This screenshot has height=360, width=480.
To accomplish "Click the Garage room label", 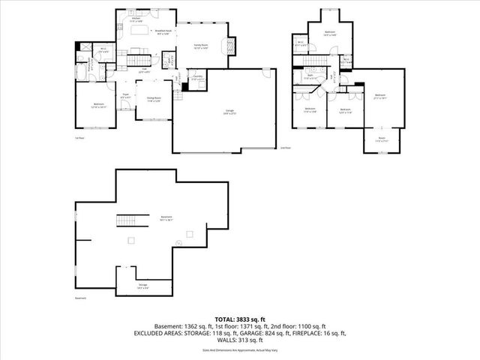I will (x=228, y=112).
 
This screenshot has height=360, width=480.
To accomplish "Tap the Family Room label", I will (x=200, y=46).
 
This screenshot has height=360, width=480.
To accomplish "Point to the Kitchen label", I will (x=136, y=19).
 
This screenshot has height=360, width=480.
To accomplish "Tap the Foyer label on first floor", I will (x=127, y=94).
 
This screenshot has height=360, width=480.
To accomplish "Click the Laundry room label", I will (x=198, y=77).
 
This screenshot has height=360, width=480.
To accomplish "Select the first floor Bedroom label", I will (x=98, y=105).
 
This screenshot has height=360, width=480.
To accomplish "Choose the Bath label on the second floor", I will (x=310, y=76).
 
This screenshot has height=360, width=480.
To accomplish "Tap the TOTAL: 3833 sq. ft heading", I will (x=240, y=319).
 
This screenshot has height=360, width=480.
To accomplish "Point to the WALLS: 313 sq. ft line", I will (x=240, y=340).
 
